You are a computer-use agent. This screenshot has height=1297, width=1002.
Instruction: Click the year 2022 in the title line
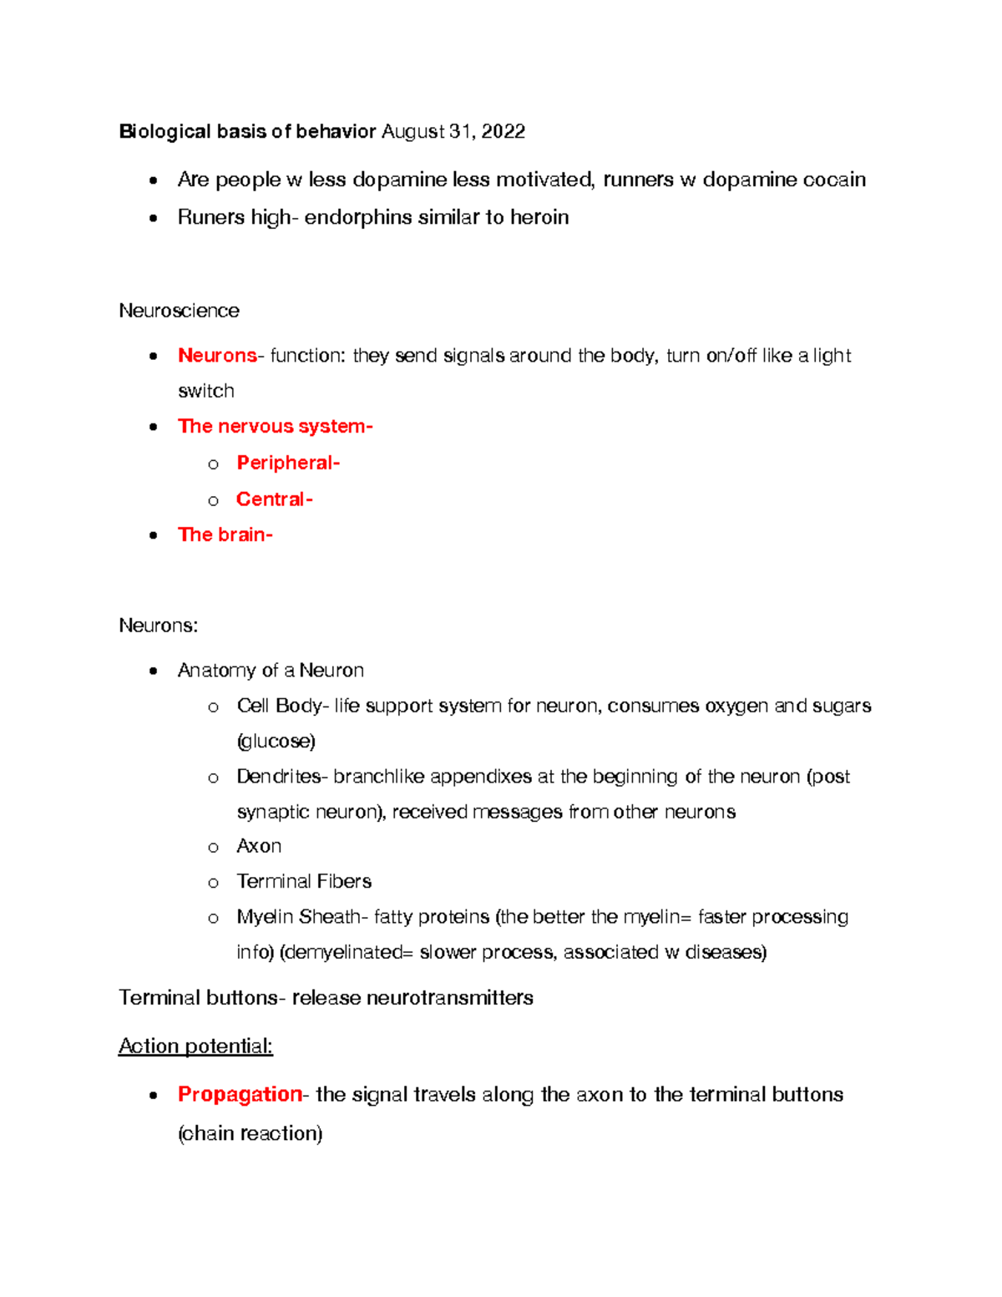click(503, 132)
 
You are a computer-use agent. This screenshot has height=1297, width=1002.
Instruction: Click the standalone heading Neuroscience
click(179, 311)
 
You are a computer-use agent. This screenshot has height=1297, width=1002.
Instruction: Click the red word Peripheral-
click(288, 463)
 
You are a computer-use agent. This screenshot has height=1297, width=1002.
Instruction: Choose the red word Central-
click(274, 499)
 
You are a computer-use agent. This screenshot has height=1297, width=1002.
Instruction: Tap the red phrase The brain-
click(225, 535)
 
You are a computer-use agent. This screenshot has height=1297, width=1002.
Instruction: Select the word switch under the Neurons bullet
click(205, 391)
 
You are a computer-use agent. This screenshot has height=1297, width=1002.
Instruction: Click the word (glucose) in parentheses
click(276, 741)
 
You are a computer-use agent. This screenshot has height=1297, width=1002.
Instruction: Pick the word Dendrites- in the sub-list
click(282, 777)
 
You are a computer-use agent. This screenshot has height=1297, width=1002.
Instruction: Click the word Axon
click(259, 846)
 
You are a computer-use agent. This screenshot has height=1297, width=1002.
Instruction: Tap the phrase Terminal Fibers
click(304, 881)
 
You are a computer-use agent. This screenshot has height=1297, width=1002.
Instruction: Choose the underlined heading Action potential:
click(195, 1046)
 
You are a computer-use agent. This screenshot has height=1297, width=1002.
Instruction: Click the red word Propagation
click(240, 1094)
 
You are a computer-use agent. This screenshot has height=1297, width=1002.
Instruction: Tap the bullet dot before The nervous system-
click(153, 427)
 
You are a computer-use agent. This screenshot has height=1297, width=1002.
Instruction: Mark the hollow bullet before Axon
click(213, 848)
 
